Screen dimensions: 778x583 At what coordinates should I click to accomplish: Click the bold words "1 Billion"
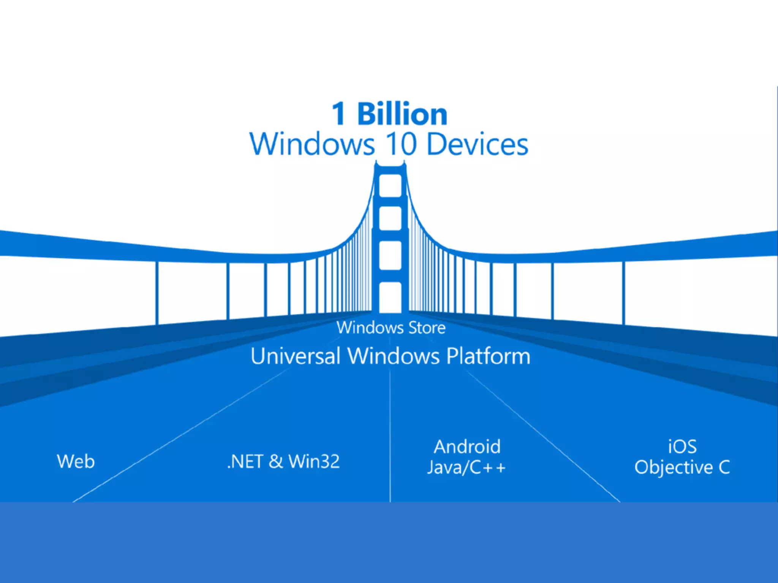[x=389, y=114]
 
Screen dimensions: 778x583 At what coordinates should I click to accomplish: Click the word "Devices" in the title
[x=477, y=144]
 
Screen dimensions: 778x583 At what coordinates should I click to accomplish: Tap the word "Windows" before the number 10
[x=312, y=144]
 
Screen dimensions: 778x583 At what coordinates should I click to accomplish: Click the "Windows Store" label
[x=391, y=328]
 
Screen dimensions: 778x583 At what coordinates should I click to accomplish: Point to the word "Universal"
[x=295, y=356]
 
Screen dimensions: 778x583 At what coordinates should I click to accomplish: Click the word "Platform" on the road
[x=488, y=356]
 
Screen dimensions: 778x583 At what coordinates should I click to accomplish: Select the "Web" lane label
[x=76, y=462]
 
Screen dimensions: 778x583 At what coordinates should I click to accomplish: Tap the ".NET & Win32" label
[x=283, y=462]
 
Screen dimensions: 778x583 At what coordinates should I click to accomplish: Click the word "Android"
[x=467, y=447]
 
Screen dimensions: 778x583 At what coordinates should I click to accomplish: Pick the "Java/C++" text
[x=466, y=467]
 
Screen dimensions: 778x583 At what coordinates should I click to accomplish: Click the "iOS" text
[x=682, y=447]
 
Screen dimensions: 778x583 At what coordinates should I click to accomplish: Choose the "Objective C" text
[x=682, y=467]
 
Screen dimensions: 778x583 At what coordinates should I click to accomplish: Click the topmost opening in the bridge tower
[x=391, y=186]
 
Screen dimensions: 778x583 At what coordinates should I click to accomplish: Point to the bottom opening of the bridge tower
[x=391, y=297]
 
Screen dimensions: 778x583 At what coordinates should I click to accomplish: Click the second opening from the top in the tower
[x=391, y=218]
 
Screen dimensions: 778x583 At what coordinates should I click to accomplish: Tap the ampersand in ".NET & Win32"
[x=276, y=462]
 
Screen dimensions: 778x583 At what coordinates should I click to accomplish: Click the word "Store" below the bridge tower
[x=427, y=328]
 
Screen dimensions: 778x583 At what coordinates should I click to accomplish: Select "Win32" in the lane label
[x=314, y=462]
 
